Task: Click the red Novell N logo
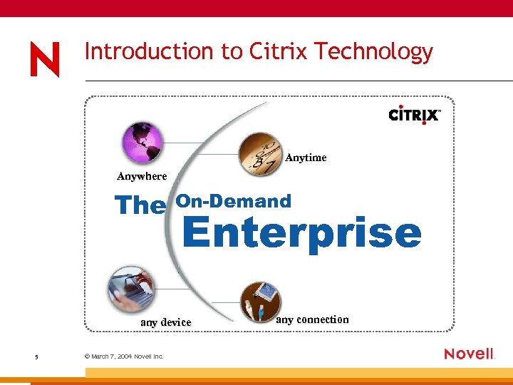click(x=44, y=59)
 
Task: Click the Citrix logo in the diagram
click(x=415, y=115)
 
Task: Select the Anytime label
click(x=306, y=158)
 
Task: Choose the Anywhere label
click(x=142, y=176)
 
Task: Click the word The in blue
click(x=140, y=205)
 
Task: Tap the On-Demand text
click(x=234, y=201)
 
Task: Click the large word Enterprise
click(x=302, y=233)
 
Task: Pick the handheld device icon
click(x=130, y=289)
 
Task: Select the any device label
click(x=166, y=322)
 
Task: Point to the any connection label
click(x=312, y=319)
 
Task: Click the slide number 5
click(x=36, y=356)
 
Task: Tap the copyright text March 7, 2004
click(x=124, y=356)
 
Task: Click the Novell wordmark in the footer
click(x=469, y=354)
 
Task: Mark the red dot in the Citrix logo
click(x=425, y=123)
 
